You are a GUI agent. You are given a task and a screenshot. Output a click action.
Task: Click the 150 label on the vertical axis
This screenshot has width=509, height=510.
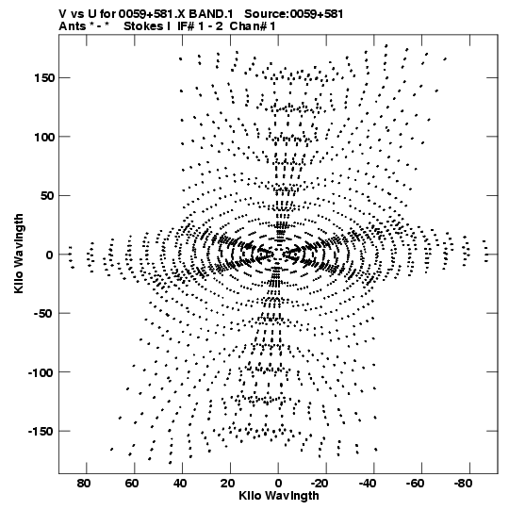click(x=44, y=78)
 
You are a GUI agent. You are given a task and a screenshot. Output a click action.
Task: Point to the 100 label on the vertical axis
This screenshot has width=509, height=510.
click(x=44, y=138)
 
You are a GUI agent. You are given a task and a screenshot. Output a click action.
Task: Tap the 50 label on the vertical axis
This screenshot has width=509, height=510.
click(x=47, y=196)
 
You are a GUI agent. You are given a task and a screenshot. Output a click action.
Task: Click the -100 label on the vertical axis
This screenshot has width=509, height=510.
click(x=41, y=372)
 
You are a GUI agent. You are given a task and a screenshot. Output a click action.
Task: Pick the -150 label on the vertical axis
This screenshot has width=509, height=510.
click(x=41, y=432)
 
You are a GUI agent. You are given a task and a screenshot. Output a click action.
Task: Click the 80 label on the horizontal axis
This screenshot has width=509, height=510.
click(x=84, y=484)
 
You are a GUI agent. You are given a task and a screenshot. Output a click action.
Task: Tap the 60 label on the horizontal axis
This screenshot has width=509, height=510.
click(x=132, y=484)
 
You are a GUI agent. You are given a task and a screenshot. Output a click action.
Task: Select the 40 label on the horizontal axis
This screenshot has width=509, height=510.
click(x=180, y=484)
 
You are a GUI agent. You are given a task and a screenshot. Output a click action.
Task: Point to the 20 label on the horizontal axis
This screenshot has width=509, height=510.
click(x=228, y=484)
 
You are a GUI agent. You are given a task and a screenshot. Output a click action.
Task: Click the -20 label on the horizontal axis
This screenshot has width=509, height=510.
click(x=320, y=484)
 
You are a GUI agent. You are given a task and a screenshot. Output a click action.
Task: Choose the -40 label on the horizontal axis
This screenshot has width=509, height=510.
click(x=368, y=484)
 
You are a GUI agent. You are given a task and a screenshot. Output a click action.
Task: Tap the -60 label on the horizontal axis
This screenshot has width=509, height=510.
click(x=416, y=484)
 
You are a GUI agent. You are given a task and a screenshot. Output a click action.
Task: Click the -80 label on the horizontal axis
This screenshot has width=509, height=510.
click(x=464, y=484)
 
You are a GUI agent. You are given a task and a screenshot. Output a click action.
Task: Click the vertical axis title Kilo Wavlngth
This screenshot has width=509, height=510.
click(x=19, y=254)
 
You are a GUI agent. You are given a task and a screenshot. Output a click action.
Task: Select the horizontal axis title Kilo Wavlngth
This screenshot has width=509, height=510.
click(x=279, y=496)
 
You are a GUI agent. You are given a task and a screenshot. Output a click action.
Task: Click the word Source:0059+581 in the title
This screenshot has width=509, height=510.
click(x=294, y=14)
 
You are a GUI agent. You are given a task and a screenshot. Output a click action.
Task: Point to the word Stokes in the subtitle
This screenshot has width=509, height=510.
click(x=143, y=26)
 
